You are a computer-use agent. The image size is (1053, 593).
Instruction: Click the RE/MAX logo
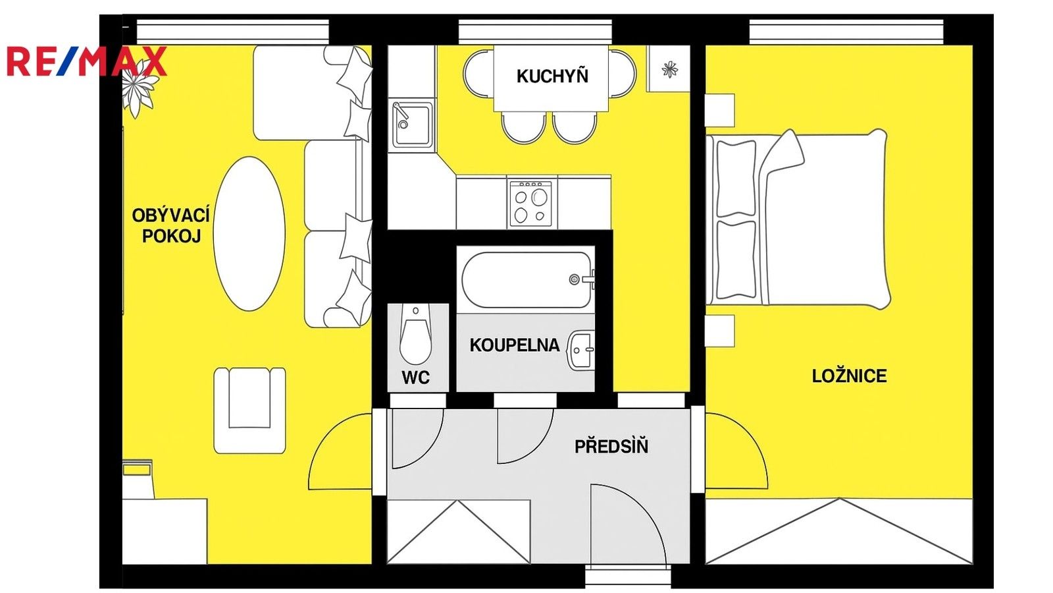[x=86, y=61]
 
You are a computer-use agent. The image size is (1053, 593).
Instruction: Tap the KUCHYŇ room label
[x=552, y=76]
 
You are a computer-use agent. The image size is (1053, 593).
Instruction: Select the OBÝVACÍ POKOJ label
[x=170, y=225]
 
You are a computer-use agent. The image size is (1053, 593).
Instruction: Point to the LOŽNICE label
[x=849, y=376]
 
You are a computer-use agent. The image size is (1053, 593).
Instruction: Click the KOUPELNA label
[x=514, y=345]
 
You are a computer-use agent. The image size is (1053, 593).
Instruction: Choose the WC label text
[x=415, y=378]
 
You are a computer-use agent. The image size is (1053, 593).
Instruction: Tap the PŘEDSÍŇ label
[x=611, y=446]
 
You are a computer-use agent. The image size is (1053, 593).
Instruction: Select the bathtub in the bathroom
[x=526, y=280]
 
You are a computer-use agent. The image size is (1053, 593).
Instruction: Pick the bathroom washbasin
[x=580, y=350]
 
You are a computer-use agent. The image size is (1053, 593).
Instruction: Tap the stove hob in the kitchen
[x=530, y=203]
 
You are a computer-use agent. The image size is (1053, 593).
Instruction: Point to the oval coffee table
[x=249, y=233]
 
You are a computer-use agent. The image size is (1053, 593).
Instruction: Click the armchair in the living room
[x=249, y=410]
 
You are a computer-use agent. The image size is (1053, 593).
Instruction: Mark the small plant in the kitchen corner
[x=669, y=69]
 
